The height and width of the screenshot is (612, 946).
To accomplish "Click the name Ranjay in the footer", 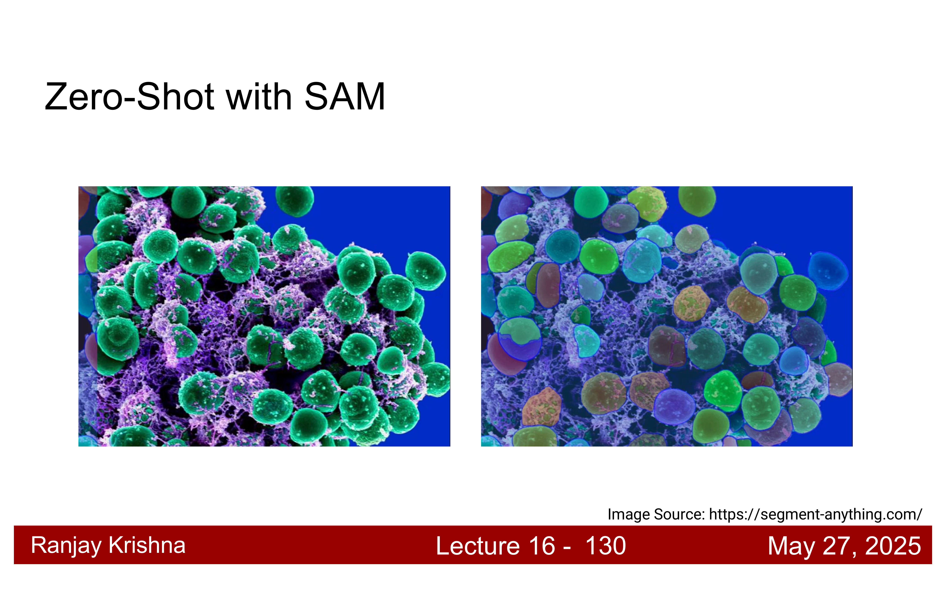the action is tap(66, 546).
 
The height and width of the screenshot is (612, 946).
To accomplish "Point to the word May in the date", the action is tap(791, 546).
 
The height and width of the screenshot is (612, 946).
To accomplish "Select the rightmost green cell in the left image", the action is tap(425, 271).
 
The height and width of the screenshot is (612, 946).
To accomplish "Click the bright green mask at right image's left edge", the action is tap(511, 256).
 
